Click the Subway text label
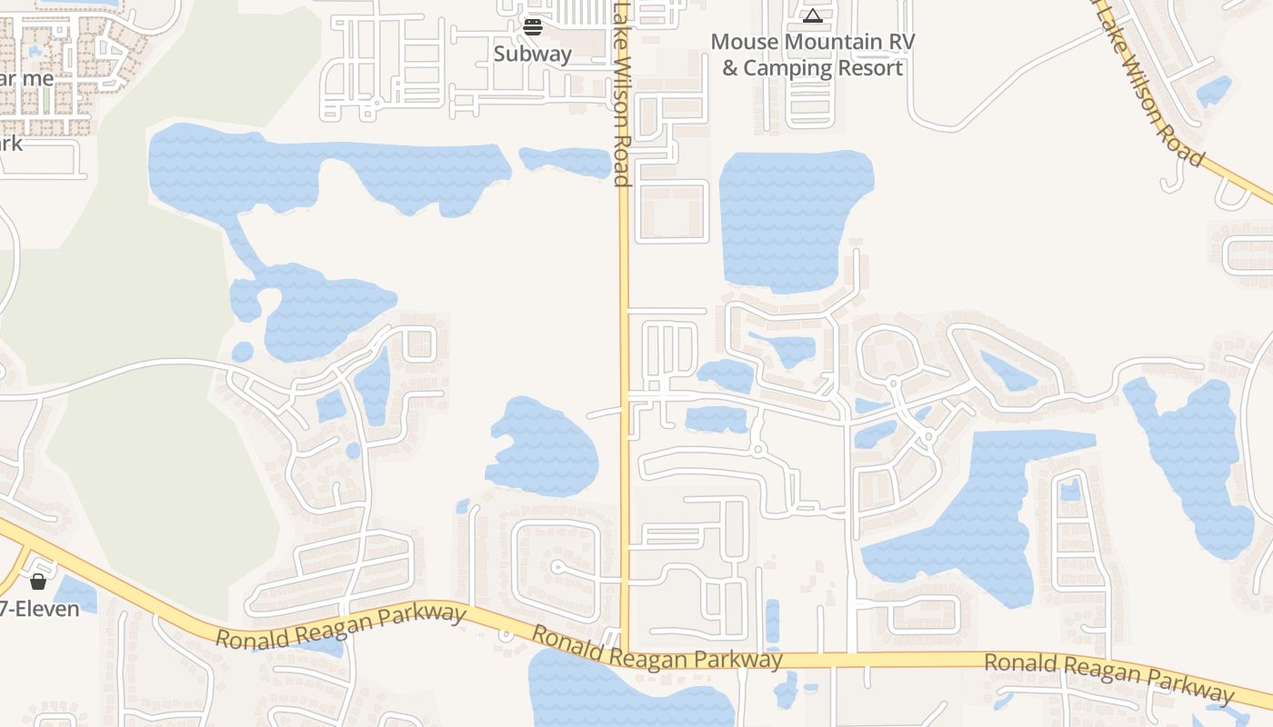(533, 54)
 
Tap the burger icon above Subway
(533, 27)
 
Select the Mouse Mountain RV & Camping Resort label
(812, 55)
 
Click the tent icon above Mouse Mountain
(812, 15)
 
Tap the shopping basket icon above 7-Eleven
(38, 582)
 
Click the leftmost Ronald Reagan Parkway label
(341, 626)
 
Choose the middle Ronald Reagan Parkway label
(657, 648)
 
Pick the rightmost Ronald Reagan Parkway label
(1109, 679)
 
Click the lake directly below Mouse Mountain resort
(793, 218)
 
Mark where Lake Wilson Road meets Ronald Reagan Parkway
(625, 652)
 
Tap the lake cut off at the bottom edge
(627, 695)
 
